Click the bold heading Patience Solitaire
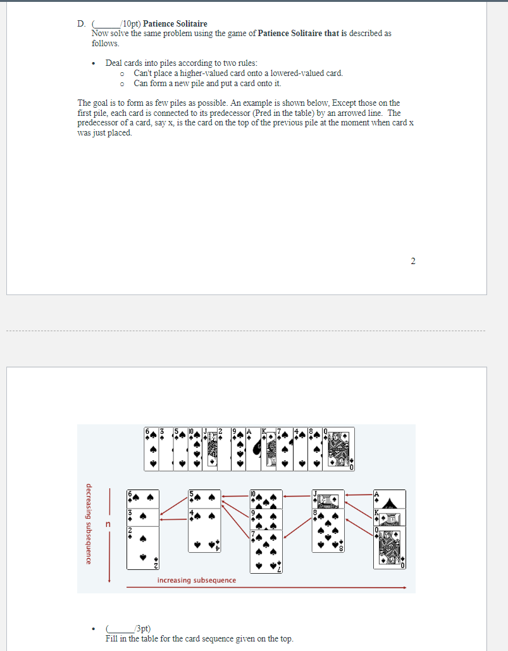pos(175,24)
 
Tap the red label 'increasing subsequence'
pos(197,580)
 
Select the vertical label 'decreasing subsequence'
pos(88,524)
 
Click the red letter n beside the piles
pos(108,524)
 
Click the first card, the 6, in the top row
pos(151,449)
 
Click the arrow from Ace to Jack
pos(359,495)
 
